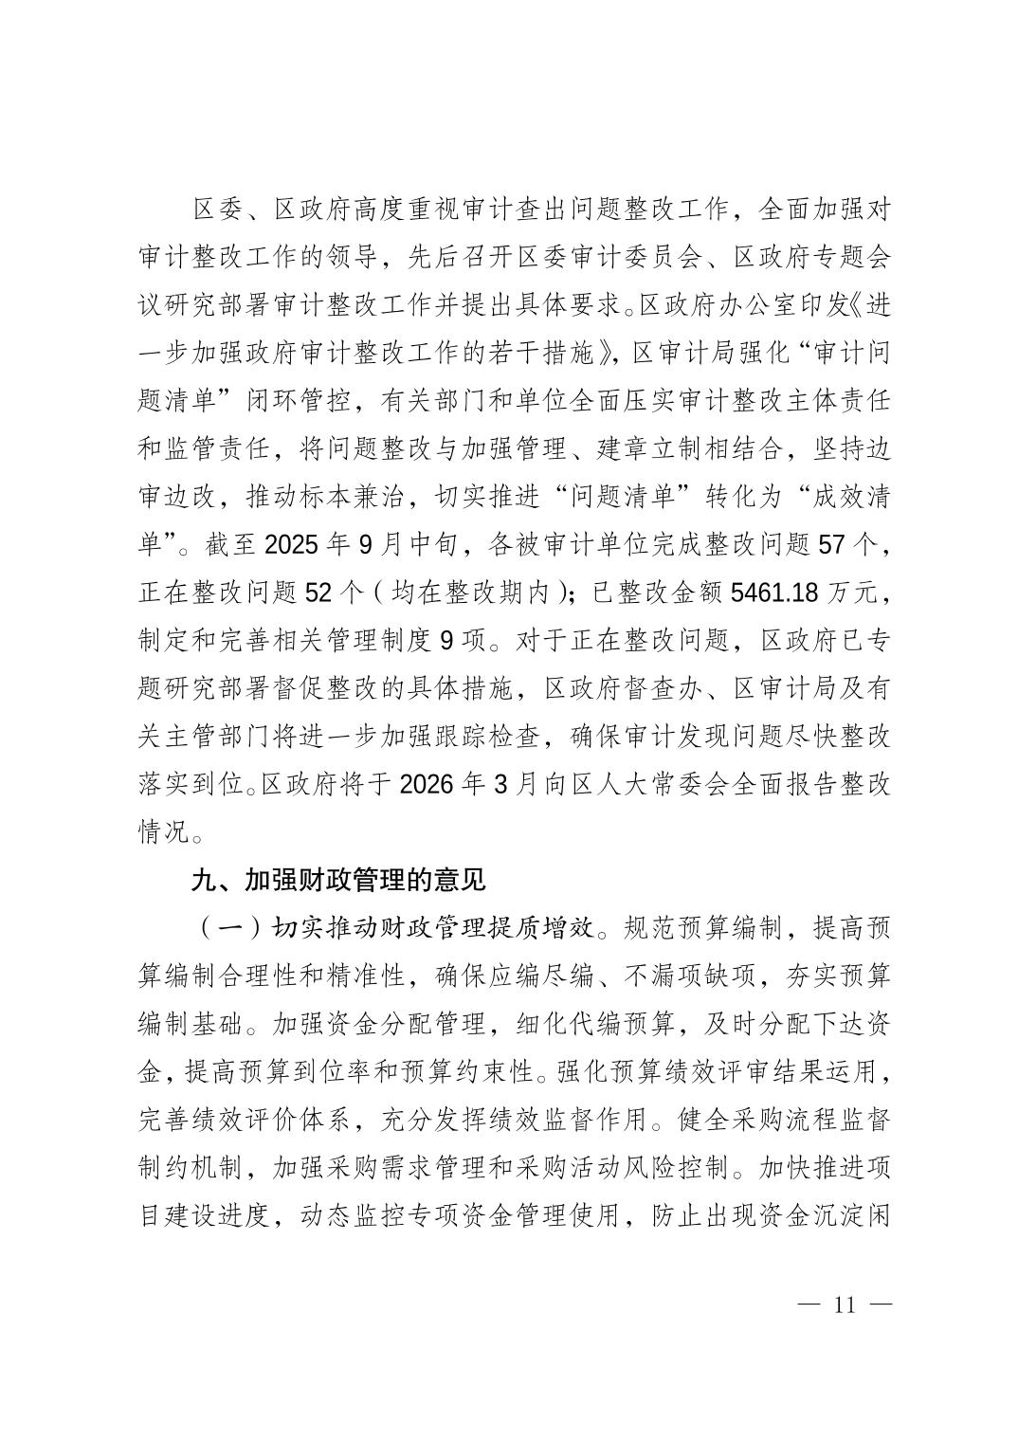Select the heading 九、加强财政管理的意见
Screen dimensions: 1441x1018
point(338,881)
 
